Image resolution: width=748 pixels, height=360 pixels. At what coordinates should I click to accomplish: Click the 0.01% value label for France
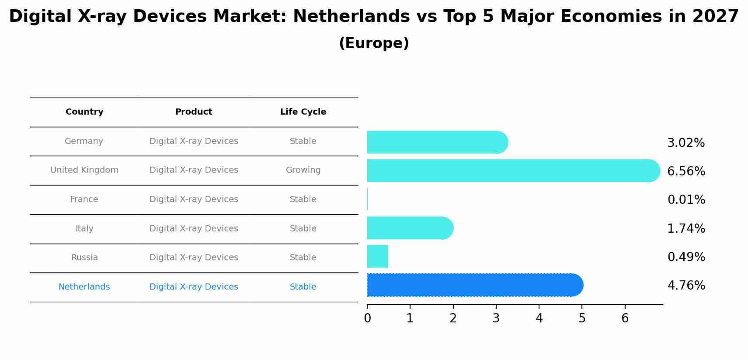[686, 200]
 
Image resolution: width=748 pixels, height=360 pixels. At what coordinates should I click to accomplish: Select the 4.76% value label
[686, 286]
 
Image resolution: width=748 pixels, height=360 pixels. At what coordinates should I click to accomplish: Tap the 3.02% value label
[686, 143]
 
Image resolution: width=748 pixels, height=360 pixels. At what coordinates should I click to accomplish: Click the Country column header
[84, 112]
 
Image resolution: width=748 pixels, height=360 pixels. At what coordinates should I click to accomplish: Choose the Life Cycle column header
[303, 112]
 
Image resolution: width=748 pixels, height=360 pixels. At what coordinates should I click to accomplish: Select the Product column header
[194, 112]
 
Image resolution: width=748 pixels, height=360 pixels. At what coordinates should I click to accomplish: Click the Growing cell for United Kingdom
[303, 170]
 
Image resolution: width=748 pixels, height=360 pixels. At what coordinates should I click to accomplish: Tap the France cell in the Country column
[84, 199]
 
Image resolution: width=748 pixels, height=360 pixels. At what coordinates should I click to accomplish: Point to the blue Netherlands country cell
[84, 287]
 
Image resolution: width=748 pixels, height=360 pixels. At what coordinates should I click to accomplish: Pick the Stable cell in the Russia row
[303, 258]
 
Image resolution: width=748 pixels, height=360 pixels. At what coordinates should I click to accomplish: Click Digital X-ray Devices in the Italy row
[194, 229]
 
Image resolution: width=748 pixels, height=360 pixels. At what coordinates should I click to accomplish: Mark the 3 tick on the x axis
[496, 318]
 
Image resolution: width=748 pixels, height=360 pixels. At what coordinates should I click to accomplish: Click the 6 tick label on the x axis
[625, 318]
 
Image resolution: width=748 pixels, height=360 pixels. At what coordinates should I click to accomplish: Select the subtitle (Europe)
[374, 43]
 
